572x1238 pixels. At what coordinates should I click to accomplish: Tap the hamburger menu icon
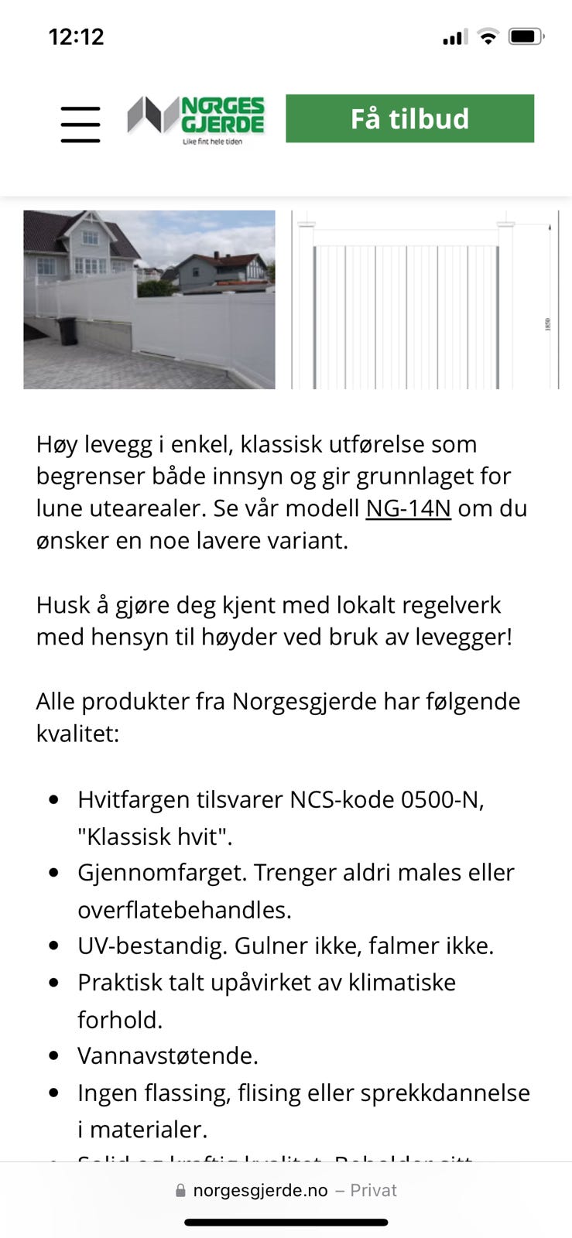pos(80,124)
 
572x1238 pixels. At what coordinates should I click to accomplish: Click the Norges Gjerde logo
pos(197,119)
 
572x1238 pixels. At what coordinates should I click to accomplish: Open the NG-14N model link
pos(408,508)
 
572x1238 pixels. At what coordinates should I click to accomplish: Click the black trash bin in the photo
pos(68,330)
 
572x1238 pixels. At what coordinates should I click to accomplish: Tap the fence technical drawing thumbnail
pos(425,299)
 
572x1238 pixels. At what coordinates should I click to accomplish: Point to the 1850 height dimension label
pos(548,325)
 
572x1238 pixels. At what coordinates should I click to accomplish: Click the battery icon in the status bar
pos(526,36)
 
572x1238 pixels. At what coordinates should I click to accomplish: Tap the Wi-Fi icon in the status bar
pos(488,36)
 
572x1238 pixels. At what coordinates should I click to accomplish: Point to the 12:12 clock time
pos(76,36)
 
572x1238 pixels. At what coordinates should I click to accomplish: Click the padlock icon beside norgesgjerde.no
pos(180,1191)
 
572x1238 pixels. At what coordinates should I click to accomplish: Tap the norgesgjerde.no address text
pos(260,1191)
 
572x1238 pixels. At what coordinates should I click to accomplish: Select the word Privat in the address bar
pos(373,1191)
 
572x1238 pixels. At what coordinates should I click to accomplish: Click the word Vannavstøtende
pos(167,1056)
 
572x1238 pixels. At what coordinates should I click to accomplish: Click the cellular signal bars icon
pos(454,37)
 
